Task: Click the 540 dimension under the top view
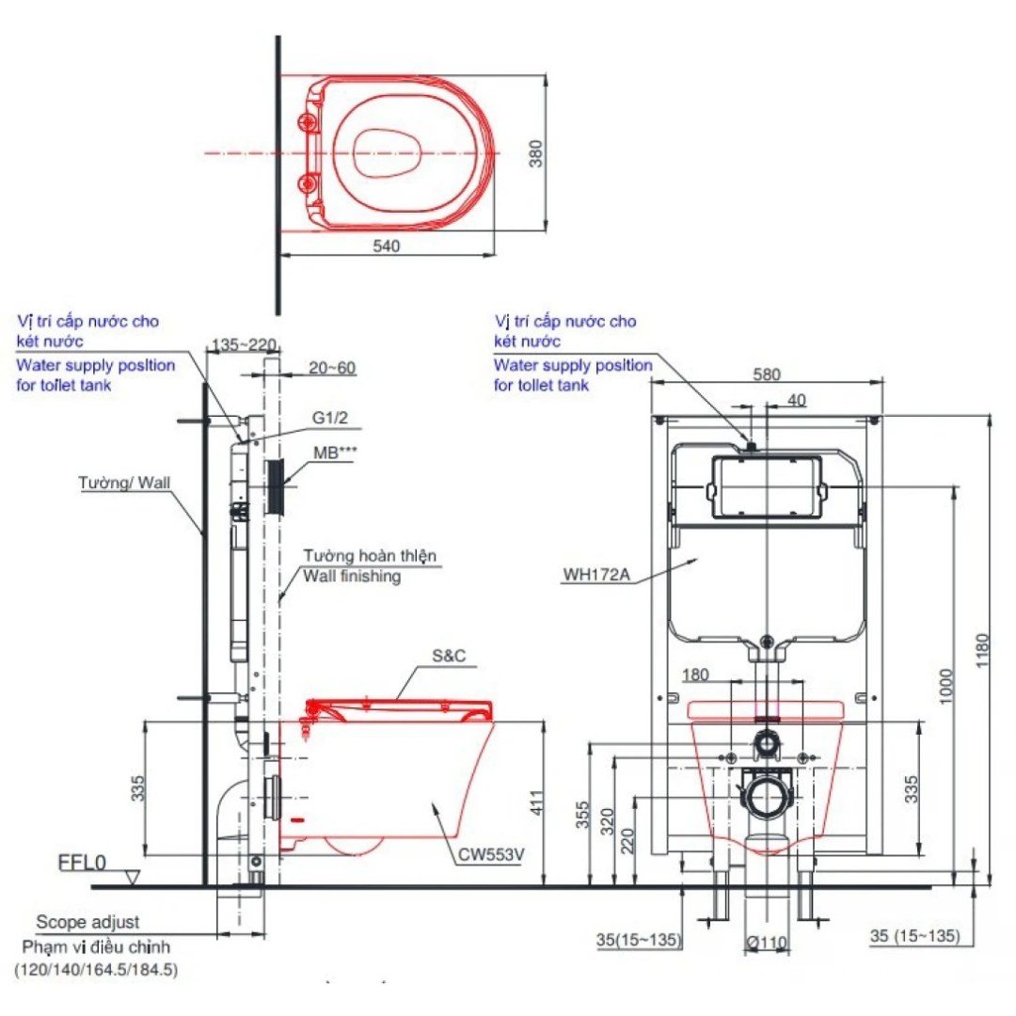387,246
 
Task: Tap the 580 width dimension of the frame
768,373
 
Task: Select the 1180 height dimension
984,647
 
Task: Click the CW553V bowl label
492,856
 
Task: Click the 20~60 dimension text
332,368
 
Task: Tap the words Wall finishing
350,576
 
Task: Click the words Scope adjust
87,923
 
